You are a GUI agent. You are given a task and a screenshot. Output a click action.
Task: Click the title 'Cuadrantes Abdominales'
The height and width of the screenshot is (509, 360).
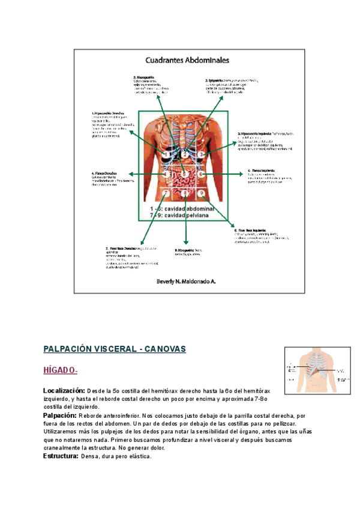point(186,60)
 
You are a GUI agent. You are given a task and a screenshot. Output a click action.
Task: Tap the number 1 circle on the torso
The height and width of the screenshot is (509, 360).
point(166,155)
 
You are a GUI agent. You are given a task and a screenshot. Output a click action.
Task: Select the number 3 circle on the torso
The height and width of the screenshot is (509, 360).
point(202,155)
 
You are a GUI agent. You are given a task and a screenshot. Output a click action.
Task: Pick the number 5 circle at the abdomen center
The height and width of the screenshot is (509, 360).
point(185,174)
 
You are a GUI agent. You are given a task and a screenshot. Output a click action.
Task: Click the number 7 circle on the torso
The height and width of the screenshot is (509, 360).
point(166,193)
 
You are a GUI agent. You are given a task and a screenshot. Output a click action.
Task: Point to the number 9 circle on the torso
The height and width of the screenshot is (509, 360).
point(202,193)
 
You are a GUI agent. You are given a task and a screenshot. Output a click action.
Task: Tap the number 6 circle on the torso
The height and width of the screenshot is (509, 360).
point(202,174)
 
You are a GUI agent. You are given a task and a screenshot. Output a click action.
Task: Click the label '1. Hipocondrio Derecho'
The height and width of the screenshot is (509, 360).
point(107,113)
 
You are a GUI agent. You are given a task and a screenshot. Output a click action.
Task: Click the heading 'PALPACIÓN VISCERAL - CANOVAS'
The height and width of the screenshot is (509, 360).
point(115,349)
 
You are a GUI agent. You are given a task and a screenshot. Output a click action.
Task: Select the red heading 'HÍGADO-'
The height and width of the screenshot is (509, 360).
point(61,370)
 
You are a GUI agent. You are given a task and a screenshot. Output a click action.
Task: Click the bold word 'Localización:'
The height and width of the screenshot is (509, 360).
point(64,391)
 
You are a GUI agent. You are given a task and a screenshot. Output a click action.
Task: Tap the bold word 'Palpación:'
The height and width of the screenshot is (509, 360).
point(60,415)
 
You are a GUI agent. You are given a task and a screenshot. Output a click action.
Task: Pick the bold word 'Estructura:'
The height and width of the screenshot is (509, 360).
point(61,456)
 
